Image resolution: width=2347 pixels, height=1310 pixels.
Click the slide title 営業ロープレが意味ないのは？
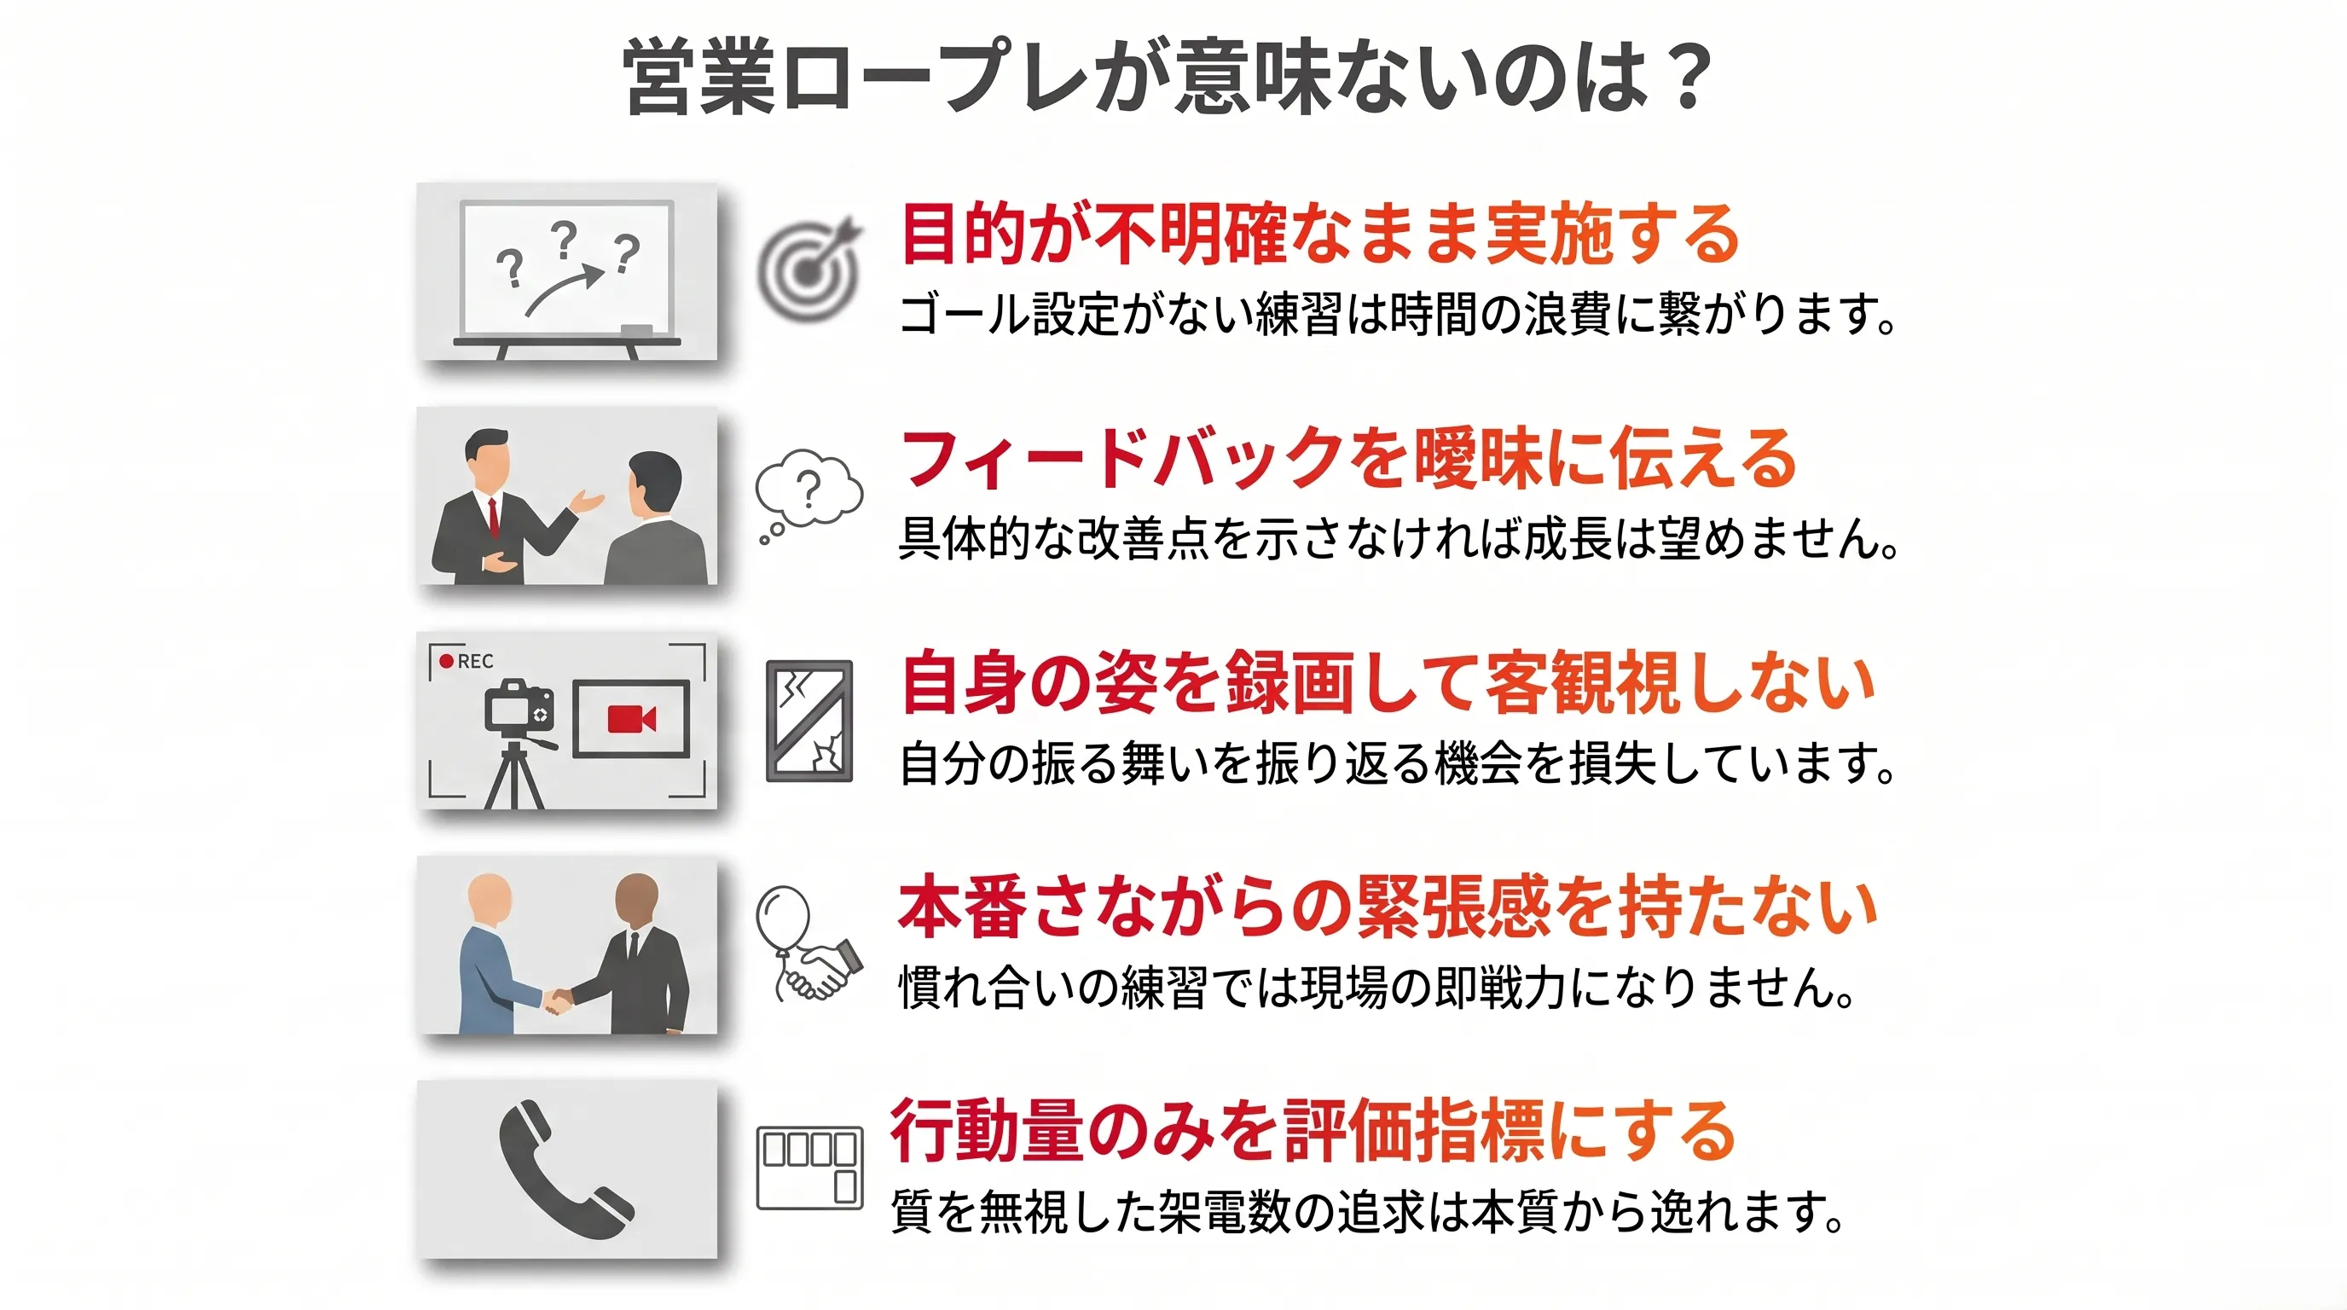click(1169, 77)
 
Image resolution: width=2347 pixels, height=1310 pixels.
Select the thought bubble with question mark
click(808, 496)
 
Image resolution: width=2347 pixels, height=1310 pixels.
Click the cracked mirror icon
click(809, 721)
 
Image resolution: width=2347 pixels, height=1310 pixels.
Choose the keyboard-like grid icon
click(809, 1168)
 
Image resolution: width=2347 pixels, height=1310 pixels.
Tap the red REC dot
click(445, 660)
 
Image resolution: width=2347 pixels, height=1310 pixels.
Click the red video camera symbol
click(631, 719)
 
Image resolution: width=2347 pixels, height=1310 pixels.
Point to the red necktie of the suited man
click(493, 517)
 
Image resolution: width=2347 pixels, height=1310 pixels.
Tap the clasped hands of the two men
click(557, 1000)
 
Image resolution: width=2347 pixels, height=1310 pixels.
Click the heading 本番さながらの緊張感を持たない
click(1388, 907)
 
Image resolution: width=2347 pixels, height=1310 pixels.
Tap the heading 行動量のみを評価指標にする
click(1313, 1131)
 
